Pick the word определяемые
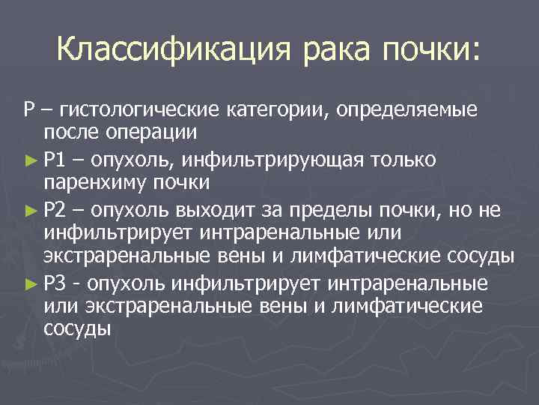click(406, 112)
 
